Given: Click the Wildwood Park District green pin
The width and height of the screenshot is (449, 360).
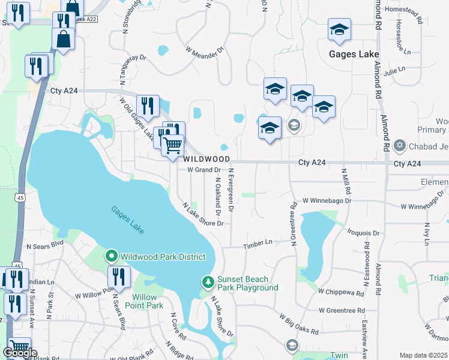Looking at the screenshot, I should (112, 257).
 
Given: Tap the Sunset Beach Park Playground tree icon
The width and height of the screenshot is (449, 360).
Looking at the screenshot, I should (208, 281).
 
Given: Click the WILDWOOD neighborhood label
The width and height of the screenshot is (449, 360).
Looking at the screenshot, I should (206, 159).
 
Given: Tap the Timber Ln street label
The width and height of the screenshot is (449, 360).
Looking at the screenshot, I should (258, 243).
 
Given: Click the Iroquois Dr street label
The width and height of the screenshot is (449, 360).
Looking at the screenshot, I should (364, 233).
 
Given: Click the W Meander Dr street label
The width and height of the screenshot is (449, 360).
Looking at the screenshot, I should (204, 51).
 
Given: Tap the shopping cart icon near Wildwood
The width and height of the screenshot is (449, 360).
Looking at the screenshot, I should (173, 145).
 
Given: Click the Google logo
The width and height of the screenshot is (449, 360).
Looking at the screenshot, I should (20, 353).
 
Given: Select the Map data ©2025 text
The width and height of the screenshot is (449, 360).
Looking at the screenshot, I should (423, 355).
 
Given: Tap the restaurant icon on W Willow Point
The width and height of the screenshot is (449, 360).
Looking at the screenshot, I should (119, 277).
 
